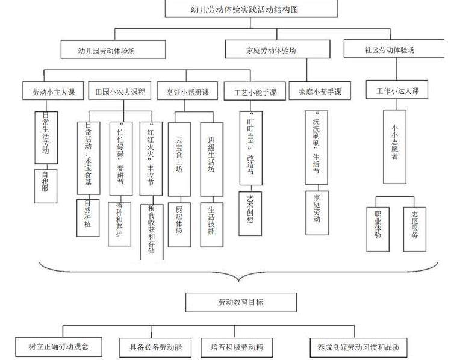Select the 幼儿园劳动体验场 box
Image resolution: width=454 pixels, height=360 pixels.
point(113,50)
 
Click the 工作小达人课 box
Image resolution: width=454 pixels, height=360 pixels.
point(397,91)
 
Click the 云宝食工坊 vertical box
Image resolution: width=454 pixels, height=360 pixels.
point(179,158)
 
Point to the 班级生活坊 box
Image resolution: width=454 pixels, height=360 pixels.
point(211,158)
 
